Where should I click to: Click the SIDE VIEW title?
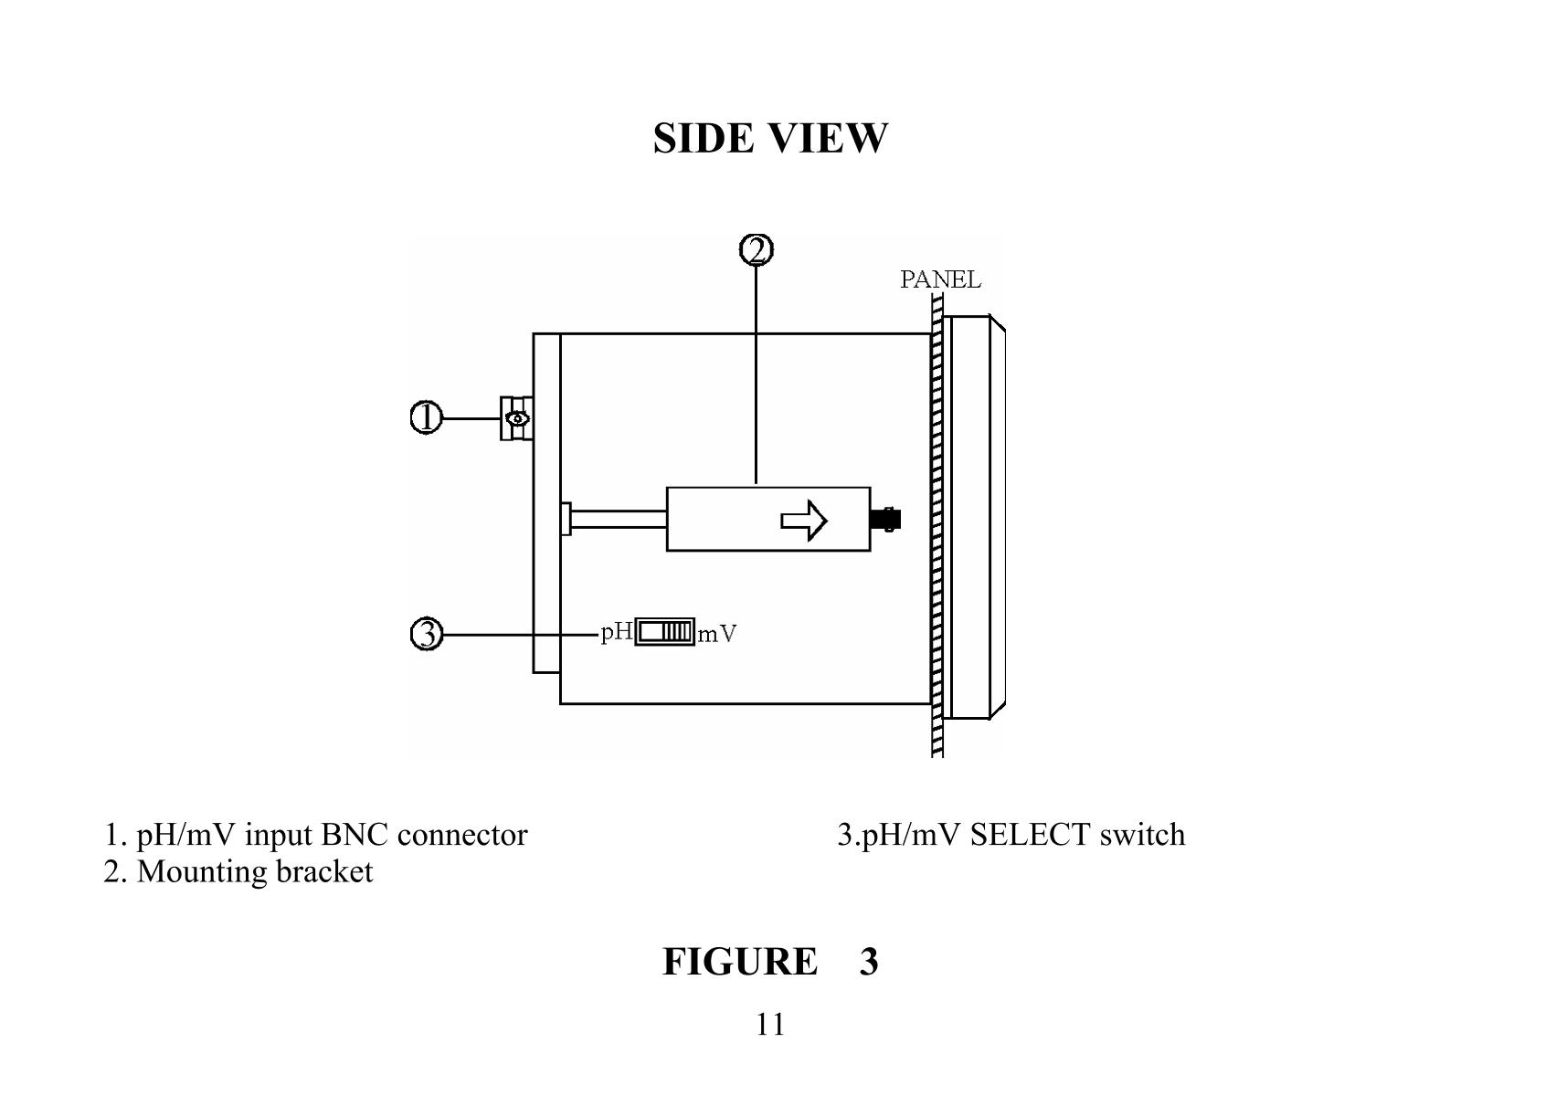pyautogui.click(x=770, y=138)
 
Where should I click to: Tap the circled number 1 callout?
pyautogui.click(x=426, y=418)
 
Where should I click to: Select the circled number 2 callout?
pyautogui.click(x=756, y=249)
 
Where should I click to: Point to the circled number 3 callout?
pyautogui.click(x=426, y=633)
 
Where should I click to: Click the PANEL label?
pyautogui.click(x=940, y=279)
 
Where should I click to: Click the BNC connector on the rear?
pyautogui.click(x=516, y=418)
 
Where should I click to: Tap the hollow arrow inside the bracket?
pyautogui.click(x=803, y=521)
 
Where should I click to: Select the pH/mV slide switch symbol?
pyautogui.click(x=664, y=632)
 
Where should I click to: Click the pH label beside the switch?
pyautogui.click(x=617, y=632)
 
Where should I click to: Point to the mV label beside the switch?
pyautogui.click(x=717, y=634)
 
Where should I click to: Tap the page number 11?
pyautogui.click(x=770, y=1025)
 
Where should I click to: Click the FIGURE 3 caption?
pyautogui.click(x=770, y=962)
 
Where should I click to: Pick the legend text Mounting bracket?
pyautogui.click(x=254, y=871)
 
